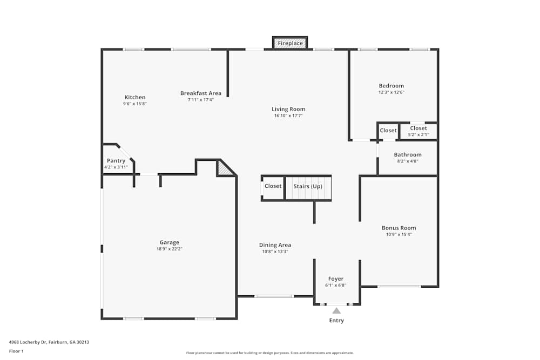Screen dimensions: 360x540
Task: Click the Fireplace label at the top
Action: (291, 43)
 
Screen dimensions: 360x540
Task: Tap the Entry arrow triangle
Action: (336, 310)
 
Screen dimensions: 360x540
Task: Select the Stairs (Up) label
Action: (308, 186)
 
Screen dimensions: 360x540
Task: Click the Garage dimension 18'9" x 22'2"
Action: (169, 249)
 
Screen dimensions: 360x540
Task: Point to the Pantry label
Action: (116, 161)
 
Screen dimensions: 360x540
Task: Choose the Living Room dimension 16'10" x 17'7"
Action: (288, 116)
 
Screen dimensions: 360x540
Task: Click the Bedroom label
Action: (391, 86)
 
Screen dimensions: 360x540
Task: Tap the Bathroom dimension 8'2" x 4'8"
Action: (408, 161)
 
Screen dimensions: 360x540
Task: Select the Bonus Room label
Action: (399, 228)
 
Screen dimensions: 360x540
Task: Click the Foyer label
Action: (336, 279)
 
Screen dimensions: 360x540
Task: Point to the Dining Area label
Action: (275, 245)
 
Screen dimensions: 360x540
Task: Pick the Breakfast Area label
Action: (201, 93)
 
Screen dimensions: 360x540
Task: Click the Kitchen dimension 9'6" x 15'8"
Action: (135, 104)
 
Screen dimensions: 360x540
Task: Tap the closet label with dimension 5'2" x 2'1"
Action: (418, 128)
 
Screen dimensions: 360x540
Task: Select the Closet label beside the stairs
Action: (273, 186)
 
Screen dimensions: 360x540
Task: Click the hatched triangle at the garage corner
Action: (224, 170)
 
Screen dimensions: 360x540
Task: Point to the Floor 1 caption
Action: (17, 351)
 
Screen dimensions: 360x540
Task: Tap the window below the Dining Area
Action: (274, 296)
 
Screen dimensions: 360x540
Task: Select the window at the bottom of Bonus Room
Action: (399, 286)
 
